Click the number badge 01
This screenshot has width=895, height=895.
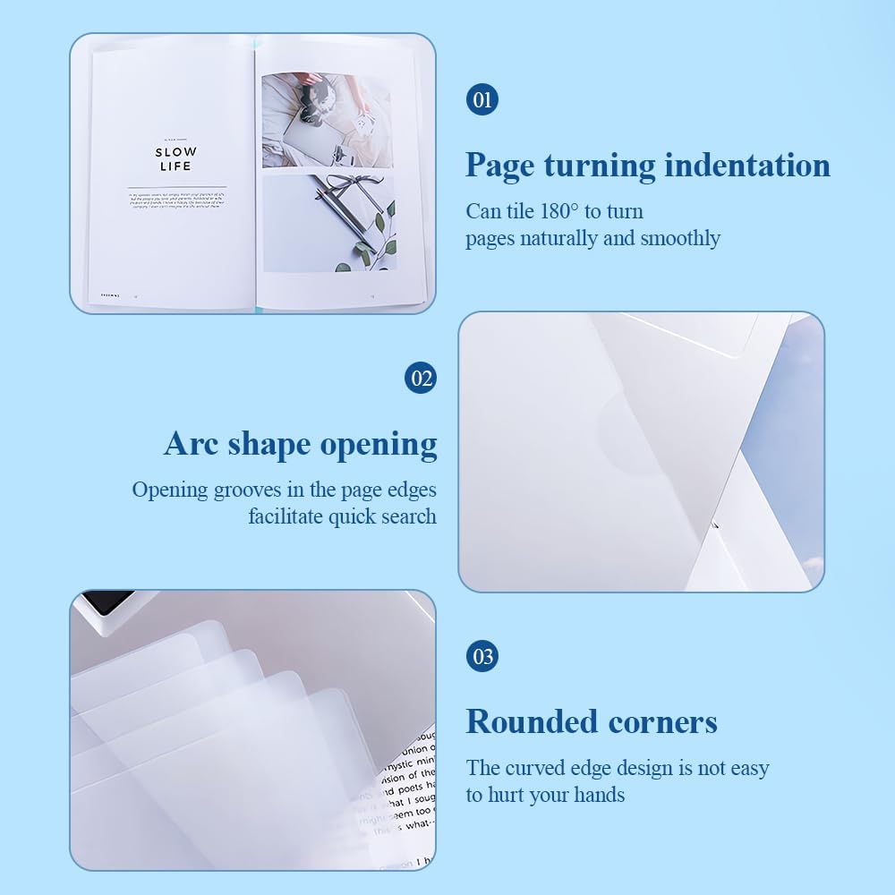(482, 98)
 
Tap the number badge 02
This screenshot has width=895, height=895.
(422, 378)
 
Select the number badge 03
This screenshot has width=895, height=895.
(482, 656)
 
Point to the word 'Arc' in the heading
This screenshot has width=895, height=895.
(192, 444)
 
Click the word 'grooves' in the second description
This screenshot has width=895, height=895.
(251, 490)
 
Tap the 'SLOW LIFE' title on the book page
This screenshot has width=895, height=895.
(175, 159)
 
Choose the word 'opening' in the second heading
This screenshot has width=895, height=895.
(384, 444)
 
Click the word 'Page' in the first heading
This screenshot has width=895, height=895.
(499, 166)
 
